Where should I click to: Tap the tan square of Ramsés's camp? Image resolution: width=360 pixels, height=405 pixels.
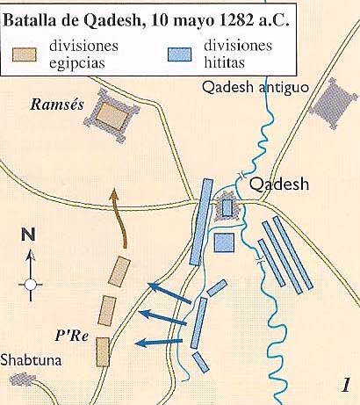(112, 114)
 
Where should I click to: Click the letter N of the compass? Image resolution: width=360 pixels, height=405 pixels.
(28, 235)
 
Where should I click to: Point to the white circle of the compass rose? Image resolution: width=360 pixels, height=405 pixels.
(30, 284)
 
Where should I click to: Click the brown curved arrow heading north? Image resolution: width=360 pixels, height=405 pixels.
(119, 225)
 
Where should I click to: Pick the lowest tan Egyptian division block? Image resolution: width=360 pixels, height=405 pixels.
(103, 351)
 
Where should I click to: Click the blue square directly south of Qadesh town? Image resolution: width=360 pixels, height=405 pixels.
(225, 242)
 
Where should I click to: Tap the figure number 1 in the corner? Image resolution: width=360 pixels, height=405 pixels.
(347, 384)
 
